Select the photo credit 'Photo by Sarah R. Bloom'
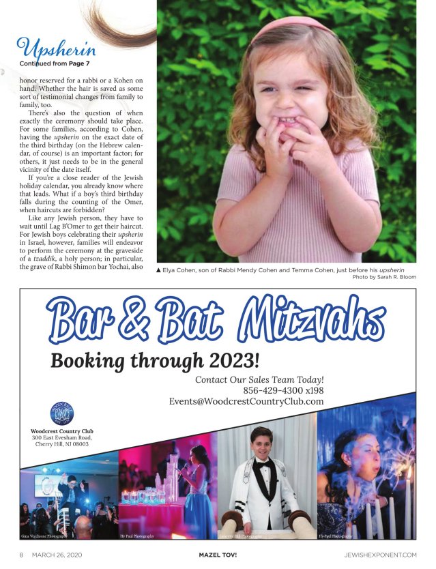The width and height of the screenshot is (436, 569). tap(384, 278)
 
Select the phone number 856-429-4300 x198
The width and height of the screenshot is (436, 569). tap(283, 391)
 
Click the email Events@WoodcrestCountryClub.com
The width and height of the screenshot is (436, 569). tap(246, 402)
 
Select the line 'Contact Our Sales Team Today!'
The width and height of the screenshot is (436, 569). tap(259, 379)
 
